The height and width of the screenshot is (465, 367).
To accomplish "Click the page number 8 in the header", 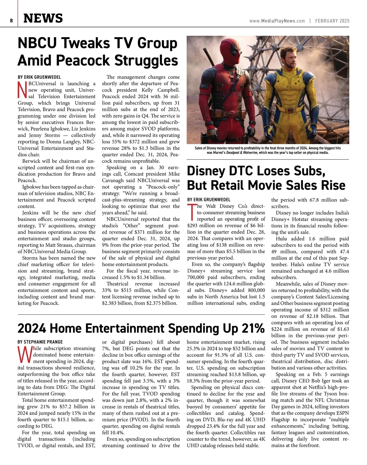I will pyautogui.click(x=11, y=21).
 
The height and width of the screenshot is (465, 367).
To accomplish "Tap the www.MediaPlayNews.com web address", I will pyautogui.click(x=277, y=21).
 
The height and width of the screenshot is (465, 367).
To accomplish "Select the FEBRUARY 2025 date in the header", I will pyautogui.click(x=332, y=21).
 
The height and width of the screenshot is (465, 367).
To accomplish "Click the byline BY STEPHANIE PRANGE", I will pyautogui.click(x=40, y=342).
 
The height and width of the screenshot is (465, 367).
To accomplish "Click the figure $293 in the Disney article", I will pyautogui.click(x=193, y=225).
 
